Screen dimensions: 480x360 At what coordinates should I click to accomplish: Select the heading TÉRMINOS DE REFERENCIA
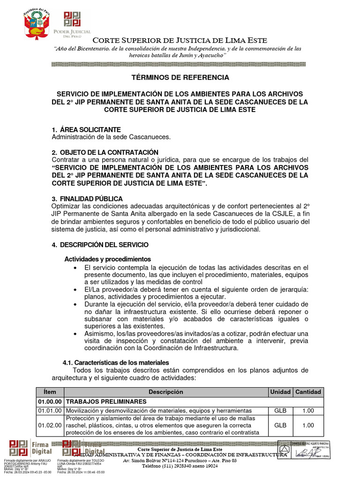coord(180,77)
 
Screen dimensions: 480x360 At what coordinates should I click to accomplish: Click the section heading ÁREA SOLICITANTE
coord(89,129)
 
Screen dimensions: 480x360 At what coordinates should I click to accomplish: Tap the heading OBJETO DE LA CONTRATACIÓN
coord(108,152)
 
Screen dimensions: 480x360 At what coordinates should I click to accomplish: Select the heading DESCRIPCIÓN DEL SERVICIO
coord(103,245)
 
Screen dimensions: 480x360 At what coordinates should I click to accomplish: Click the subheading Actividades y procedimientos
coord(107,259)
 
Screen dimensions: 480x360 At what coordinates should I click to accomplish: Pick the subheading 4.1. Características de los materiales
coord(116,363)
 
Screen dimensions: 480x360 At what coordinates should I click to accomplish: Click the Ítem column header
coord(50,392)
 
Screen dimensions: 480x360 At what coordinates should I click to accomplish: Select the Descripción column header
coord(166,392)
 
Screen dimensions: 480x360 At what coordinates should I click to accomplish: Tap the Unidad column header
coord(280,392)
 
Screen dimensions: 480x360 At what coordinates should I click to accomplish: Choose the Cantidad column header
coord(308,392)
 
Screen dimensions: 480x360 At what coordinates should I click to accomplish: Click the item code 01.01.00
coord(50,411)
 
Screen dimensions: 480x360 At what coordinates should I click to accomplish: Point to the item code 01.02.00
coord(50,425)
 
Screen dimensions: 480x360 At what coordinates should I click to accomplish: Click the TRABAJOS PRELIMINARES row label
coord(106,402)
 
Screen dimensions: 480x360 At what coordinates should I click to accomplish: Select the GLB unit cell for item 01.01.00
coord(280,411)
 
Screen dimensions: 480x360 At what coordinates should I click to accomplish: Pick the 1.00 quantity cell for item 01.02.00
coord(308,425)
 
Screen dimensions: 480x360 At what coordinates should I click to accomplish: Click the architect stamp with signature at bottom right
coord(305,450)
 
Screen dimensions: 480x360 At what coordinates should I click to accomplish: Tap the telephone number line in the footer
coord(180,466)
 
